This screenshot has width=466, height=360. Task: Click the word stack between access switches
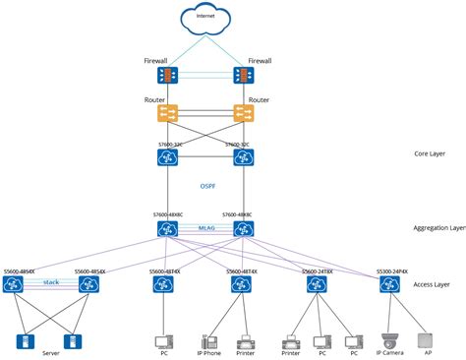(x=53, y=283)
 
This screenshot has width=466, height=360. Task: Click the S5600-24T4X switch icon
(x=318, y=285)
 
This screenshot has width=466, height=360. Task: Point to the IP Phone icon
(x=208, y=341)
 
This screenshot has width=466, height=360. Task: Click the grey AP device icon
(x=425, y=340)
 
